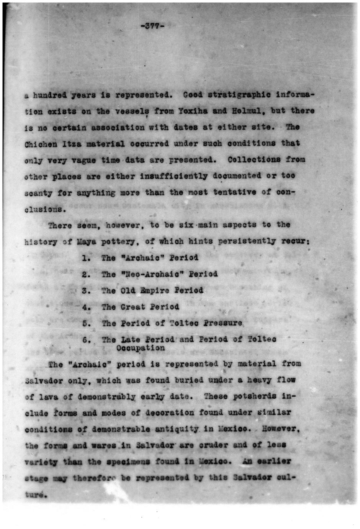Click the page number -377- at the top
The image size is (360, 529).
[152, 26]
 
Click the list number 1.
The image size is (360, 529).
[86, 258]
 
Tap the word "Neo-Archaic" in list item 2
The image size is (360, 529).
[139, 274]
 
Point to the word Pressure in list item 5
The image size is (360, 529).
[223, 323]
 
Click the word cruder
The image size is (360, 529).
[209, 445]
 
